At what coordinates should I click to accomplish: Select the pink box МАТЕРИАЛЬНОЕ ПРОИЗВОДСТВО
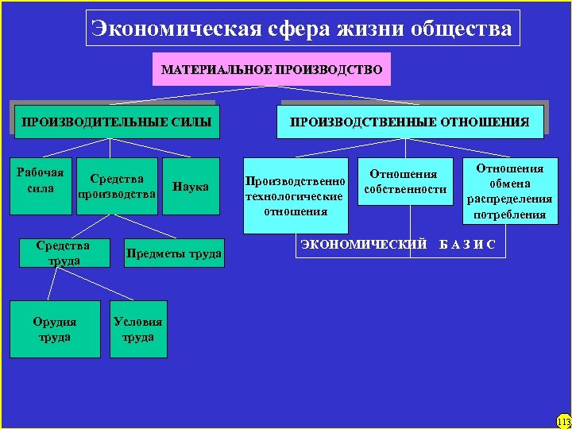pyautogui.click(x=272, y=70)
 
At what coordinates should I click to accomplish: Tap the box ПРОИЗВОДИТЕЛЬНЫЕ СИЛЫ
pyautogui.click(x=116, y=122)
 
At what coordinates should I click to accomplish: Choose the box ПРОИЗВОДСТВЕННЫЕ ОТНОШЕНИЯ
pyautogui.click(x=409, y=122)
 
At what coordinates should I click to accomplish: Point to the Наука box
pyautogui.click(x=191, y=187)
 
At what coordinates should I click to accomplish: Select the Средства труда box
pyautogui.click(x=63, y=253)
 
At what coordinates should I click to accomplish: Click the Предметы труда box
pyautogui.click(x=172, y=253)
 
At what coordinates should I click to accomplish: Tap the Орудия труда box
pyautogui.click(x=55, y=329)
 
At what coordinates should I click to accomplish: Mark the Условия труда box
pyautogui.click(x=138, y=329)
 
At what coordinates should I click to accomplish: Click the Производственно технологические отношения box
pyautogui.click(x=296, y=195)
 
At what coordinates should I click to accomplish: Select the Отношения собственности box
pyautogui.click(x=405, y=182)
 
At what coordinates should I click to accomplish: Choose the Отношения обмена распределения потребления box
pyautogui.click(x=509, y=191)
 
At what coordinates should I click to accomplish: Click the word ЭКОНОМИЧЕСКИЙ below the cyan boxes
pyautogui.click(x=365, y=244)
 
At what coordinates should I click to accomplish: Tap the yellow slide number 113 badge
pyautogui.click(x=563, y=420)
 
